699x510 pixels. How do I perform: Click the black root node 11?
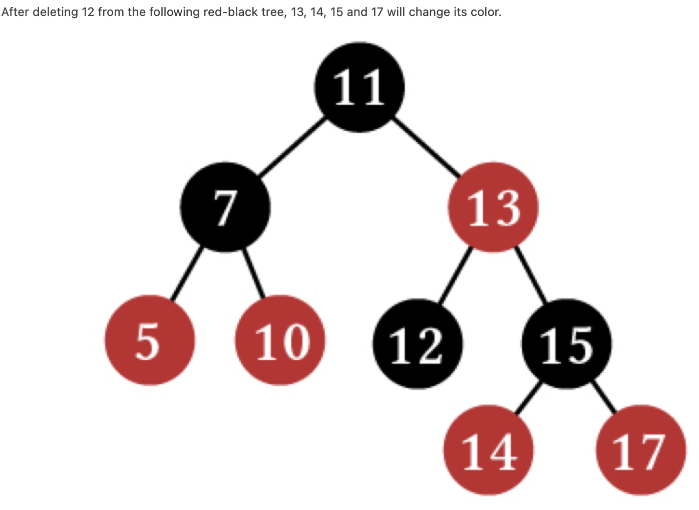tap(359, 87)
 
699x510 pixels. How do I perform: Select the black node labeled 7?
tap(225, 207)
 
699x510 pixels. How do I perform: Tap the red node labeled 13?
tap(493, 207)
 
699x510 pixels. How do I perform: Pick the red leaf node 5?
tap(150, 340)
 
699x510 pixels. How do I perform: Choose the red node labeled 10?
tap(280, 340)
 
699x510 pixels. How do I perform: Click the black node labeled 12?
tap(418, 344)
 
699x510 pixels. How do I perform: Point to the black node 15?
tap(567, 344)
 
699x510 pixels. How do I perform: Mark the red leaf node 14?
tap(488, 450)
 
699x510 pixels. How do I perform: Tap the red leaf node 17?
tap(641, 450)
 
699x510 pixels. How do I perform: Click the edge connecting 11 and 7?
tap(292, 146)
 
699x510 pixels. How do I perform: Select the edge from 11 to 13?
tap(426, 146)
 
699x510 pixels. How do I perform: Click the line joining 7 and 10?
tap(254, 273)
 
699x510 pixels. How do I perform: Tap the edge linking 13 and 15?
tap(530, 275)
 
